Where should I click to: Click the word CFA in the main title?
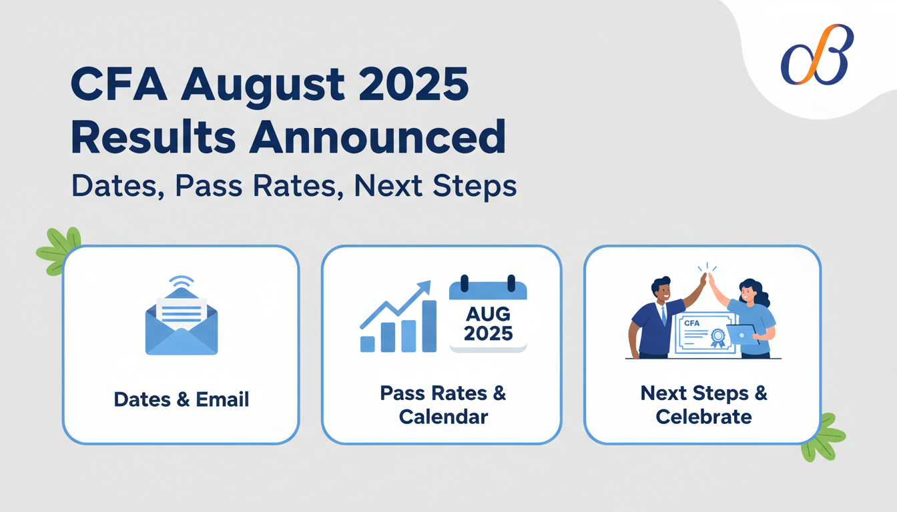pyautogui.click(x=119, y=85)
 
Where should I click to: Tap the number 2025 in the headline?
pyautogui.click(x=413, y=85)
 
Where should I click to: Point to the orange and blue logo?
pyautogui.click(x=817, y=55)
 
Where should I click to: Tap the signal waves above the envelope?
pyautogui.click(x=182, y=281)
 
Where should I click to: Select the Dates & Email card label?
pyautogui.click(x=182, y=399)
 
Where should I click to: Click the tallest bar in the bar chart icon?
pyautogui.click(x=429, y=326)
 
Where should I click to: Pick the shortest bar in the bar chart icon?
pyautogui.click(x=368, y=344)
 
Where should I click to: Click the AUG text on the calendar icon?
pyautogui.click(x=488, y=314)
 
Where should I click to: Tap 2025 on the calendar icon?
pyautogui.click(x=488, y=333)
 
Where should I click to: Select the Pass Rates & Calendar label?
pyautogui.click(x=443, y=405)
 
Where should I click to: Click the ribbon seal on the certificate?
pyautogui.click(x=717, y=338)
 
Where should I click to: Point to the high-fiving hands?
pyautogui.click(x=707, y=279)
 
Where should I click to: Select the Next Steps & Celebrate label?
pyautogui.click(x=703, y=405)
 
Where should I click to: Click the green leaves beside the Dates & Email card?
pyautogui.click(x=59, y=251)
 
